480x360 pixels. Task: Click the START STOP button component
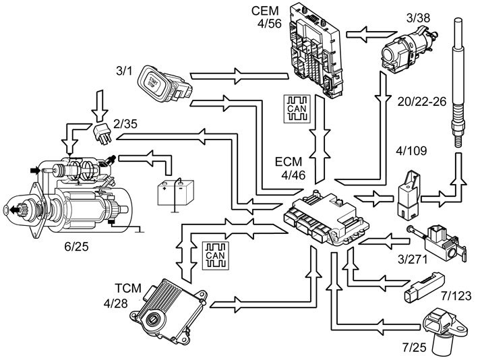click(165, 84)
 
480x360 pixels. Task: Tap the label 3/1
click(124, 71)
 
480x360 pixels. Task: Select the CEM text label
click(265, 11)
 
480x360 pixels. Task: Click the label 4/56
click(269, 24)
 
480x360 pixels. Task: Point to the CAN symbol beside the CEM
click(297, 109)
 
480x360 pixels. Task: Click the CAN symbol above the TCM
click(216, 256)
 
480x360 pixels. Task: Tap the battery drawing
click(175, 193)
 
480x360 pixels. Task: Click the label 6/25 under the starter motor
click(76, 247)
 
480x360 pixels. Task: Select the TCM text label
click(128, 289)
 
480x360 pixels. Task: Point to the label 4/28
click(115, 303)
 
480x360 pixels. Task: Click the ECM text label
click(289, 162)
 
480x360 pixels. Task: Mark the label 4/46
click(293, 175)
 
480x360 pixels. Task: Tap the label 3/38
click(418, 18)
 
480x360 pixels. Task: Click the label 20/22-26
click(422, 102)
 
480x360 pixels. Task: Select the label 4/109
click(411, 150)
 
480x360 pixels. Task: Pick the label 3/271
click(413, 260)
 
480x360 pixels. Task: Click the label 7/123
click(456, 296)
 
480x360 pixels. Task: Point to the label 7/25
click(414, 347)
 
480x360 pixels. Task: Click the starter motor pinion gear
click(23, 210)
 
